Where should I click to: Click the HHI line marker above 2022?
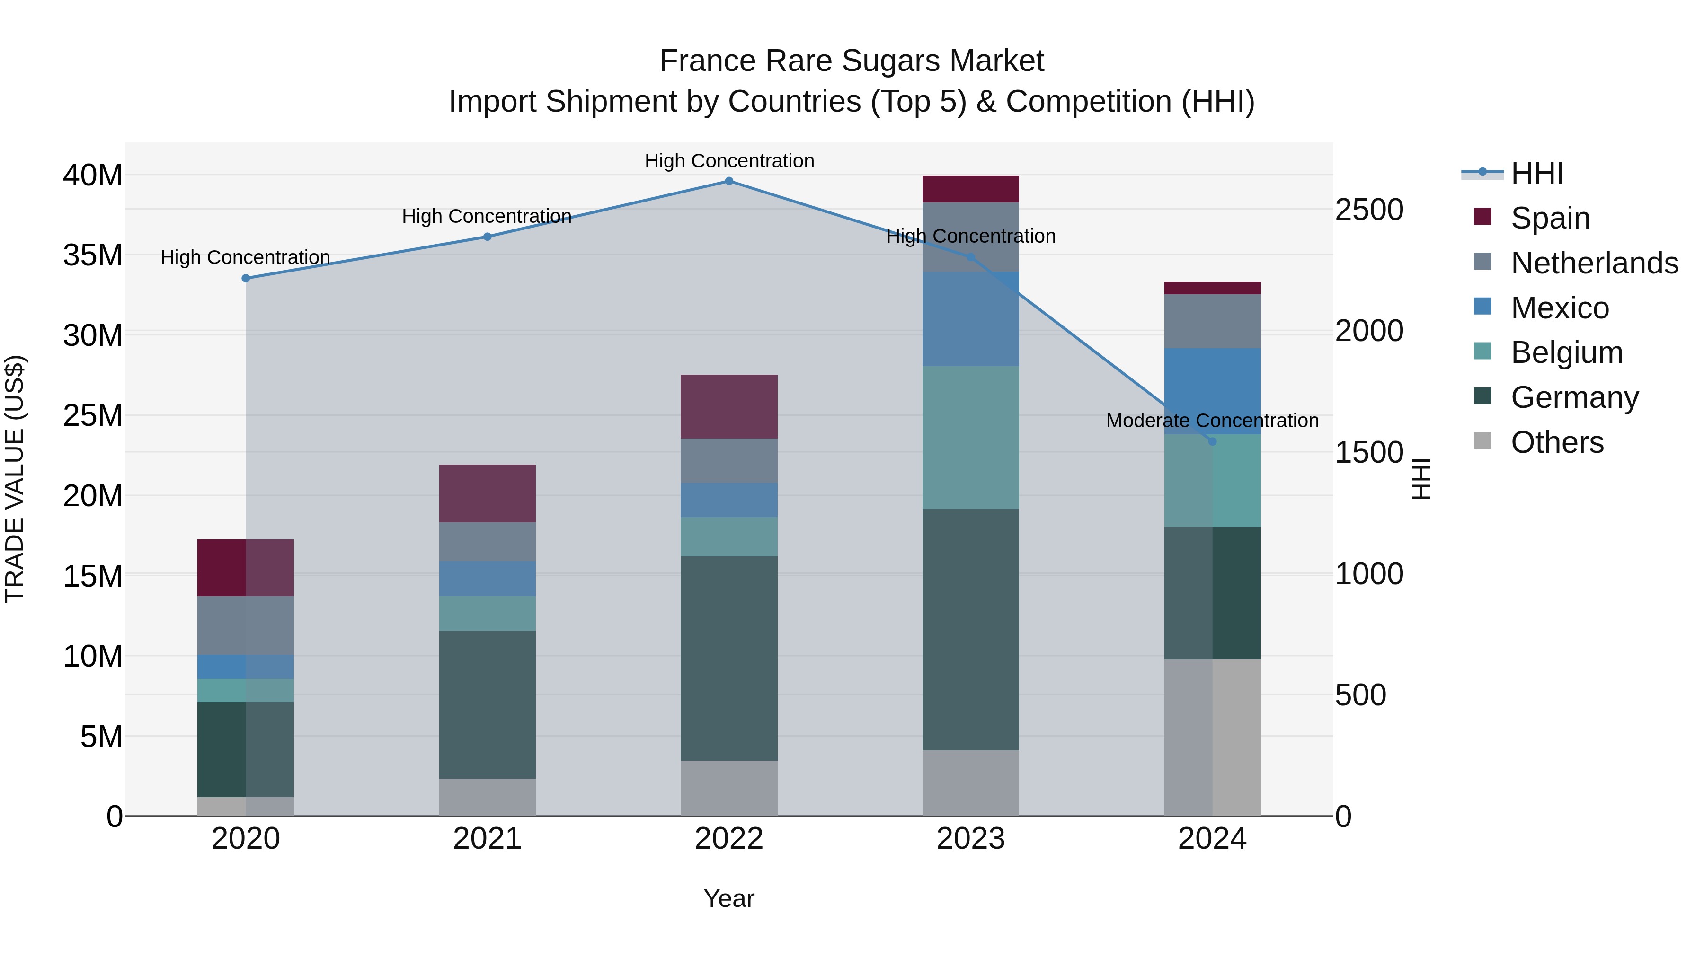pyautogui.click(x=729, y=181)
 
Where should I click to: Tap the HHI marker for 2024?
pyautogui.click(x=1212, y=442)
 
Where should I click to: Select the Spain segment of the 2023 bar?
pyautogui.click(x=970, y=189)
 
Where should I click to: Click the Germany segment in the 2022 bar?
pyautogui.click(x=729, y=658)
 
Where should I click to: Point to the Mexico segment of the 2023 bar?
pyautogui.click(x=970, y=319)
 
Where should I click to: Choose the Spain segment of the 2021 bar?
pyautogui.click(x=488, y=493)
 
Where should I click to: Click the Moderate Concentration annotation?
pyautogui.click(x=1212, y=421)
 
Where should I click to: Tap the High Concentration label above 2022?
pyautogui.click(x=729, y=161)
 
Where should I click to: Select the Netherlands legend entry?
pyautogui.click(x=1594, y=263)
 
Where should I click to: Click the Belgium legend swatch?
pyautogui.click(x=1482, y=351)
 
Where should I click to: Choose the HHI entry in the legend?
pyautogui.click(x=1536, y=173)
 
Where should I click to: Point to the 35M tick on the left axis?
pyautogui.click(x=93, y=255)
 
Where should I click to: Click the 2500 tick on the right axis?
pyautogui.click(x=1368, y=210)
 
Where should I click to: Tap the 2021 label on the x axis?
pyautogui.click(x=488, y=839)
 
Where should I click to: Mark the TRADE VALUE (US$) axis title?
pyautogui.click(x=15, y=479)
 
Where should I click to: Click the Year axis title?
pyautogui.click(x=729, y=898)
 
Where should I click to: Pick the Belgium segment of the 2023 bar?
pyautogui.click(x=970, y=437)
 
